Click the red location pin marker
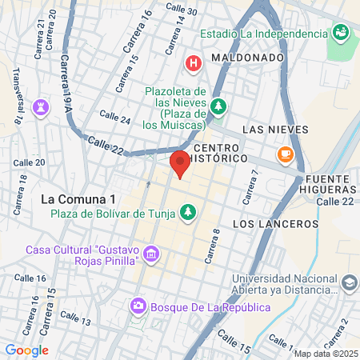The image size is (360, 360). point(180,162)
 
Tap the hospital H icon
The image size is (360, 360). point(193,62)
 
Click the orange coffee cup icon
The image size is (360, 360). point(285,154)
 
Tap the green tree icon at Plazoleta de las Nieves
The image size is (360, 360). point(218,106)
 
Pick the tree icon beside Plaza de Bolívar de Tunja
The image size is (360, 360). point(188,213)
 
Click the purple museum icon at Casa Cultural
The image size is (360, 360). point(151,256)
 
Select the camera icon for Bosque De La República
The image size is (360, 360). point(138,306)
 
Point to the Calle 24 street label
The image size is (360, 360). point(114,118)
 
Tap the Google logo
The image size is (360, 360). point(26,350)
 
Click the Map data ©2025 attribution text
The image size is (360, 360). point(323,354)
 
